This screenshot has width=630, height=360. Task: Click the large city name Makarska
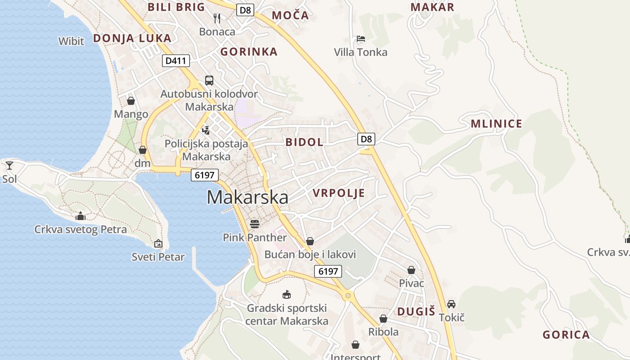(247, 198)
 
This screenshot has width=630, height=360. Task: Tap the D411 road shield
(176, 61)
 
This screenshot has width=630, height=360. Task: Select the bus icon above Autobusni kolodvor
(209, 81)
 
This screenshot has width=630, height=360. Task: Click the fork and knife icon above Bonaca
(217, 18)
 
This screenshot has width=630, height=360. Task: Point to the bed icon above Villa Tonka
(360, 39)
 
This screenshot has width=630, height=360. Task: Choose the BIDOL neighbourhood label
(304, 142)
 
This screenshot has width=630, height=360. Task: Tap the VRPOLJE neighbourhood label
(338, 193)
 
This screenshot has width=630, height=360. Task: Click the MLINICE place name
(496, 124)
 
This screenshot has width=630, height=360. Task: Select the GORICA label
(566, 335)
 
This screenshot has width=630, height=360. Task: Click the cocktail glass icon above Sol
(9, 166)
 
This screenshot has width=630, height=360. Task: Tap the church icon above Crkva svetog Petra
(81, 216)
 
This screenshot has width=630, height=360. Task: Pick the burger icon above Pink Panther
(255, 224)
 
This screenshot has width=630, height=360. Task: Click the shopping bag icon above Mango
(131, 101)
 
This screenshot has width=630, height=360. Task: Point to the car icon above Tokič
(451, 304)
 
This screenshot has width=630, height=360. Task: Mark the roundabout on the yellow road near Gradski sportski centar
(347, 295)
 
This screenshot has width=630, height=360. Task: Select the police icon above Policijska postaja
(206, 130)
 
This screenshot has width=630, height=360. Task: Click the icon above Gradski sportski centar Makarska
(286, 295)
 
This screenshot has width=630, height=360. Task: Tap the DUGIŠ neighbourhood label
(416, 311)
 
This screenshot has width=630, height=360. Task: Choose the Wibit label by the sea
(71, 41)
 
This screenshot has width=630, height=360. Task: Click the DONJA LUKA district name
(132, 38)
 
